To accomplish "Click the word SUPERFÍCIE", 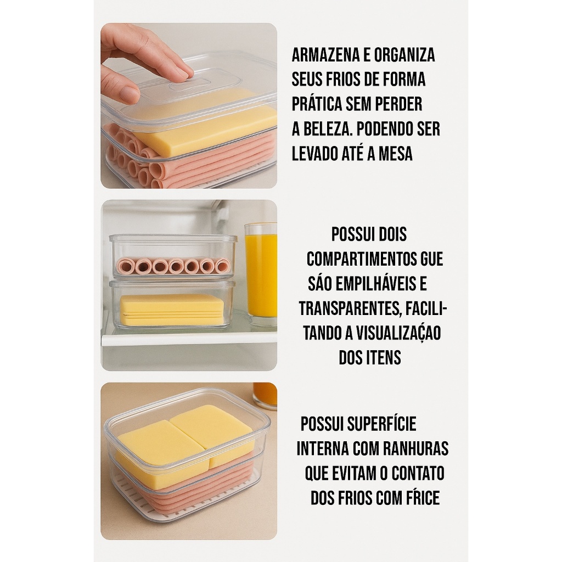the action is [381, 424].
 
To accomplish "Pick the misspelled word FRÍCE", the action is [421, 498].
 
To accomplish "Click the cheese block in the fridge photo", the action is [172, 308].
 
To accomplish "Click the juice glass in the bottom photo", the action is [265, 396].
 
